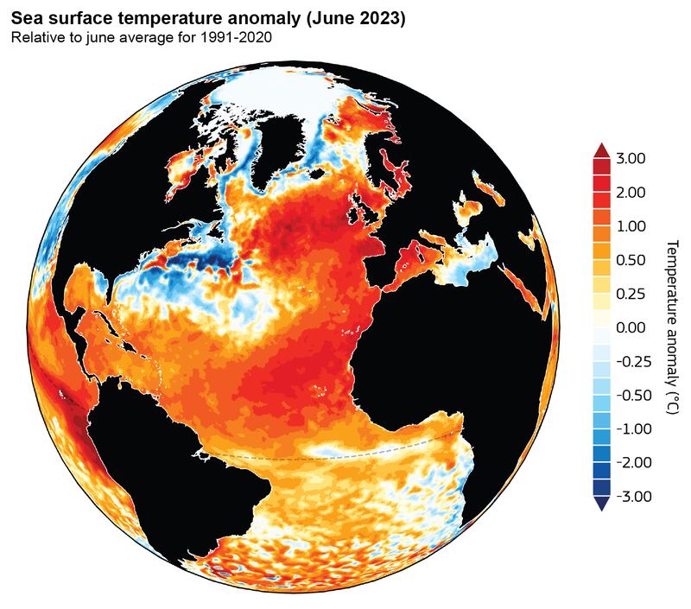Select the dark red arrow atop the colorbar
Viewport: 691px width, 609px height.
coord(601,149)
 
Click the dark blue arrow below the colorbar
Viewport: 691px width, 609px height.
coord(601,504)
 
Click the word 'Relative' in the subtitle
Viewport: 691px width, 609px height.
coord(35,38)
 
